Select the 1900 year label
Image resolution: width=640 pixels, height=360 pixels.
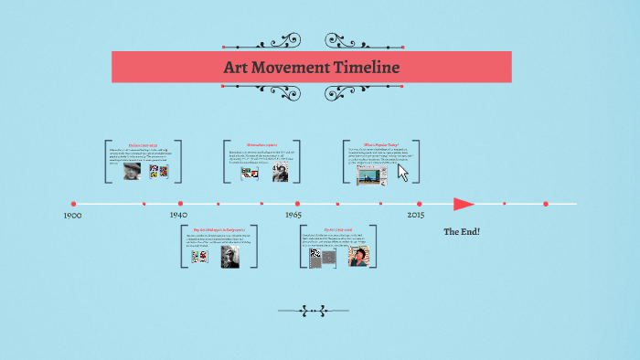[x=73, y=216]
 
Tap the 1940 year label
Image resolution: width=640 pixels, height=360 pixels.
[x=178, y=215]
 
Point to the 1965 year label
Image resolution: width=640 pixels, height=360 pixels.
[x=293, y=215]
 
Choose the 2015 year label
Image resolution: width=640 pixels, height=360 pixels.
[x=416, y=215]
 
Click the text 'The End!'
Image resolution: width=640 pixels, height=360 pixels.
[x=462, y=232]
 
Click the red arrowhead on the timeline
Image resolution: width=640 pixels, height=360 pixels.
[x=464, y=204]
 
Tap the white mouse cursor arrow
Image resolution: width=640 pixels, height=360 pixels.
[x=402, y=172]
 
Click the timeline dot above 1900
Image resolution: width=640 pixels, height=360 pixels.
[x=74, y=204]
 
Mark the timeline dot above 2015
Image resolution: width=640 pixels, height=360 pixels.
[x=420, y=204]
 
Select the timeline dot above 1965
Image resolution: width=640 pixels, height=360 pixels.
[x=297, y=204]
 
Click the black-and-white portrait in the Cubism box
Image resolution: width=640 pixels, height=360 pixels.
[x=133, y=171]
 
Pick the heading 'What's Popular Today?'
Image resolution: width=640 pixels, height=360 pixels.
[x=382, y=144]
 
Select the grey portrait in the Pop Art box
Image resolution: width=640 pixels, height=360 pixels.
[x=229, y=257]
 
